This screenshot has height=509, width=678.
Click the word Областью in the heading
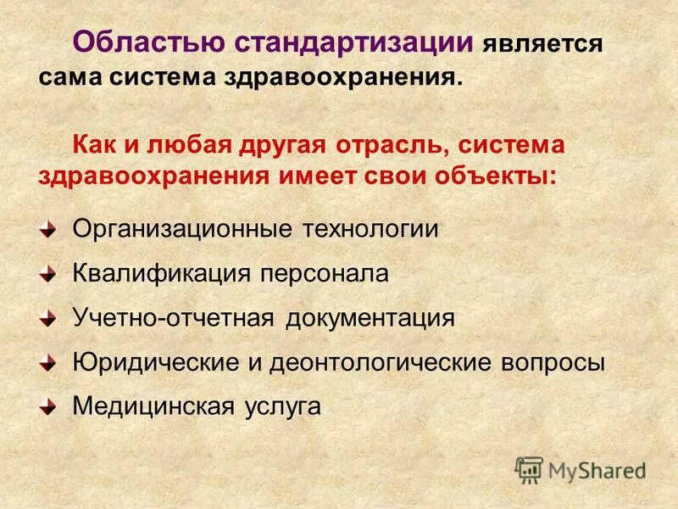[x=144, y=39]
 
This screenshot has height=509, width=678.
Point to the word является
[x=543, y=42]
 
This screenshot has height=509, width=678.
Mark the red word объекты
[x=492, y=177]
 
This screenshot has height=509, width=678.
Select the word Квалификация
[x=161, y=273]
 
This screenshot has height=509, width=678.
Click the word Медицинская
[x=152, y=406]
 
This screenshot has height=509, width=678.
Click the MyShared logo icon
[x=529, y=469]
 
